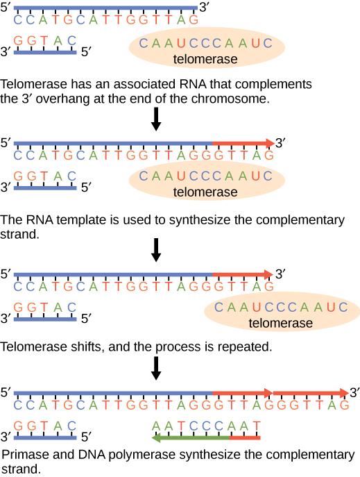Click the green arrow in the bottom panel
tap(191, 438)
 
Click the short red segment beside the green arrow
tap(244, 438)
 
